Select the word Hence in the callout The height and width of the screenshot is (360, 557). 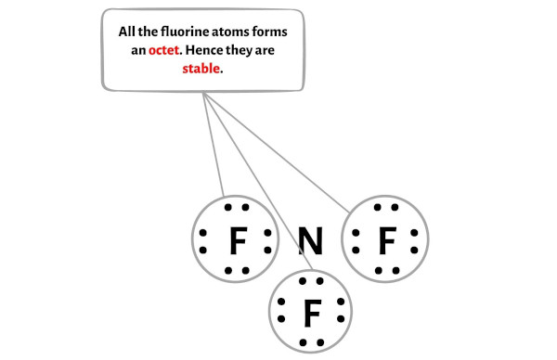(x=211, y=50)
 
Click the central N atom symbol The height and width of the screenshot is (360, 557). (x=311, y=243)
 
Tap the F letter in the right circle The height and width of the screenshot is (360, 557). (x=386, y=243)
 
